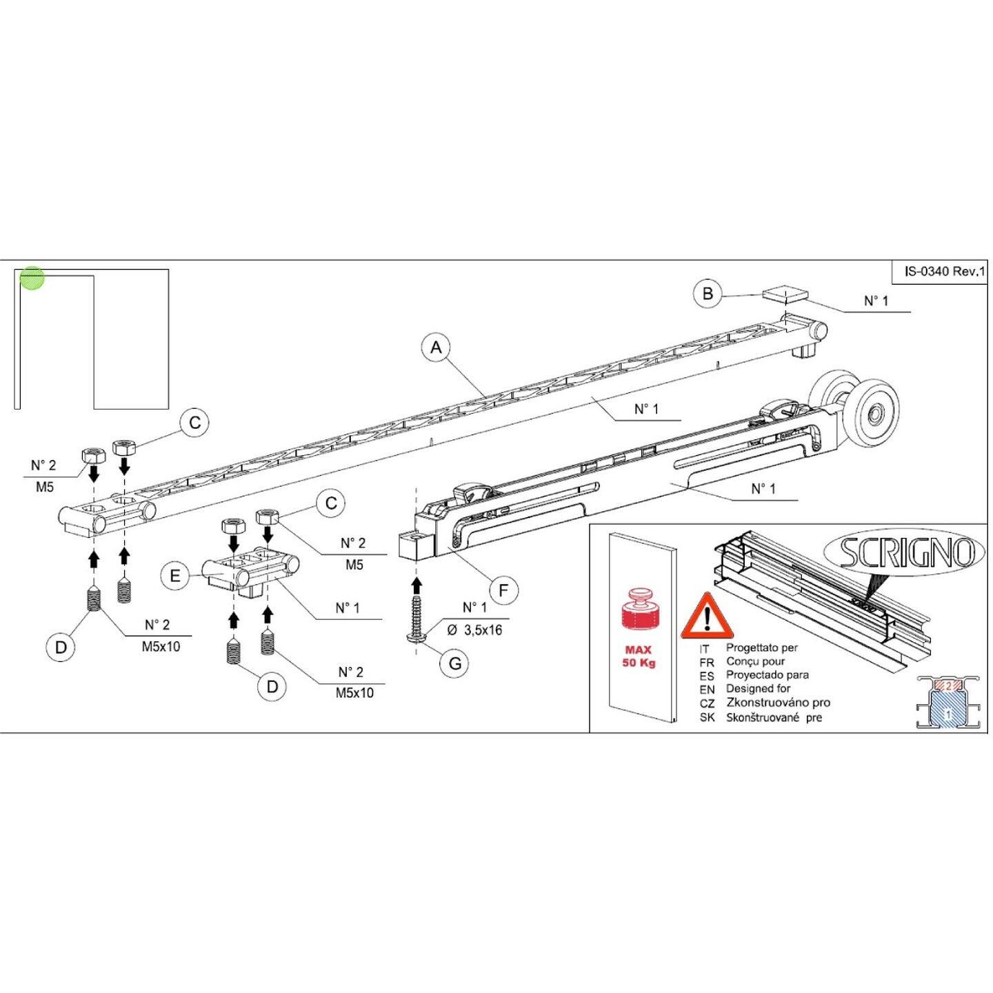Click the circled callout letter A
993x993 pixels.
(436, 348)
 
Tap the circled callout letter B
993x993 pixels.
(708, 294)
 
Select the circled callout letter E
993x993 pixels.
(175, 575)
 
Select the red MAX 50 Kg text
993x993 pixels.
(639, 656)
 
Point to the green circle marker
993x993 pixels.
(32, 279)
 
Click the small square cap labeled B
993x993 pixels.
(785, 294)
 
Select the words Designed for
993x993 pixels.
(758, 688)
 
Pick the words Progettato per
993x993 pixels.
(761, 648)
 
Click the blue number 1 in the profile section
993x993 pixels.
(947, 714)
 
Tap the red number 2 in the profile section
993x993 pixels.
(947, 686)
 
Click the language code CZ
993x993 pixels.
(707, 703)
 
